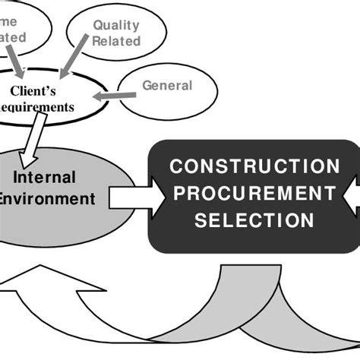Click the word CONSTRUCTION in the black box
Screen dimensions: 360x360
pos(254,166)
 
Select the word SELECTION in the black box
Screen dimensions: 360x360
pos(254,220)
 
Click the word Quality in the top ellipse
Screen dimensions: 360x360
pos(116,26)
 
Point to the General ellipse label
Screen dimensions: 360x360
pos(167,86)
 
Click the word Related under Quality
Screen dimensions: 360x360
pos(116,41)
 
